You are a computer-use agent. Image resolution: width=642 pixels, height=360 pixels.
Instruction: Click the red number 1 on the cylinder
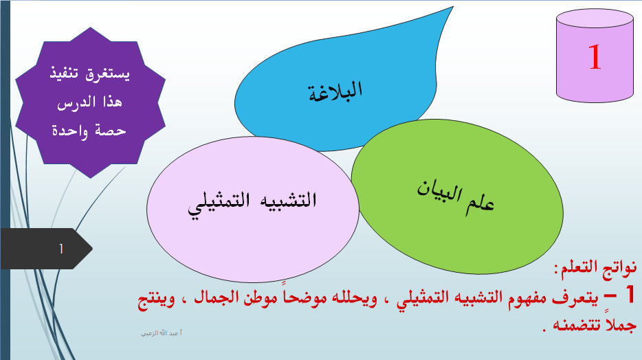point(595,57)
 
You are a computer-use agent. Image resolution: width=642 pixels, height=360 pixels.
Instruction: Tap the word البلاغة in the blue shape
point(335,91)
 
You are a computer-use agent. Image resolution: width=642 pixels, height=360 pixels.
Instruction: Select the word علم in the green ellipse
point(480,204)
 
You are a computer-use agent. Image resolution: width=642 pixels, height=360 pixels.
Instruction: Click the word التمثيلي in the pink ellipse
point(219,203)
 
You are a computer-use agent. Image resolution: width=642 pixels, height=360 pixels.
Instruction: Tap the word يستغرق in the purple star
point(107,74)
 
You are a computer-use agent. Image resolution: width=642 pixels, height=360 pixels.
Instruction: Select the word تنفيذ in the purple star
point(65,74)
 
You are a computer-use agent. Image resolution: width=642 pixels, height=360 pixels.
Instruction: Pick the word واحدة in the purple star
point(69,131)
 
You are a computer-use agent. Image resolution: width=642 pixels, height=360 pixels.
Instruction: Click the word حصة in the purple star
point(110,131)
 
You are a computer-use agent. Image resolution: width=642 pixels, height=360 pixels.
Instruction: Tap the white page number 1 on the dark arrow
point(61,249)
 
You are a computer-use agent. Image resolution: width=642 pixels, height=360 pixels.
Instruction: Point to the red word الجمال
point(217,297)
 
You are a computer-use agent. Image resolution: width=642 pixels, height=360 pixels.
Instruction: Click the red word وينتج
point(156,300)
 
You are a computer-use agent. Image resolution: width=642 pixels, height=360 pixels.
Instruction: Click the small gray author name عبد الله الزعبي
point(162,333)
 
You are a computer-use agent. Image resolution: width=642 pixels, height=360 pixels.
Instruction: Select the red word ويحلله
point(354,297)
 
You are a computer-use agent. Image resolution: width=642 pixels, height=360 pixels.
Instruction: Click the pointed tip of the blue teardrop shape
point(453,7)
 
